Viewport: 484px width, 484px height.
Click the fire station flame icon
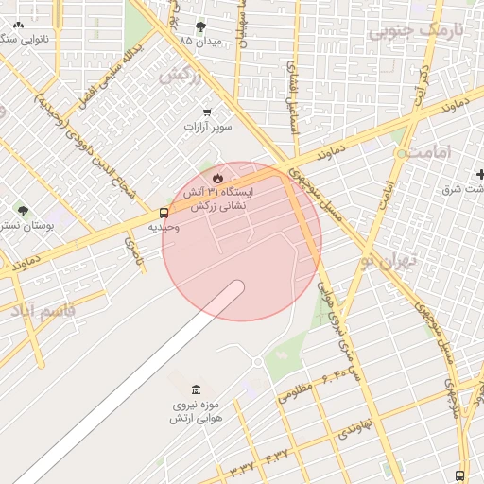tap(217, 177)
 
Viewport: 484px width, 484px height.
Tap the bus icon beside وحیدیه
tap(164, 214)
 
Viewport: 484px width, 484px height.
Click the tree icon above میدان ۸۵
tap(201, 26)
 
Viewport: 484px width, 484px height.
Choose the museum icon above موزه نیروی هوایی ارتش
tap(196, 390)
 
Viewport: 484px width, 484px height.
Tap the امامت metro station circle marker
tap(402, 152)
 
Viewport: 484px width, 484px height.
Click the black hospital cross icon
tap(481, 174)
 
